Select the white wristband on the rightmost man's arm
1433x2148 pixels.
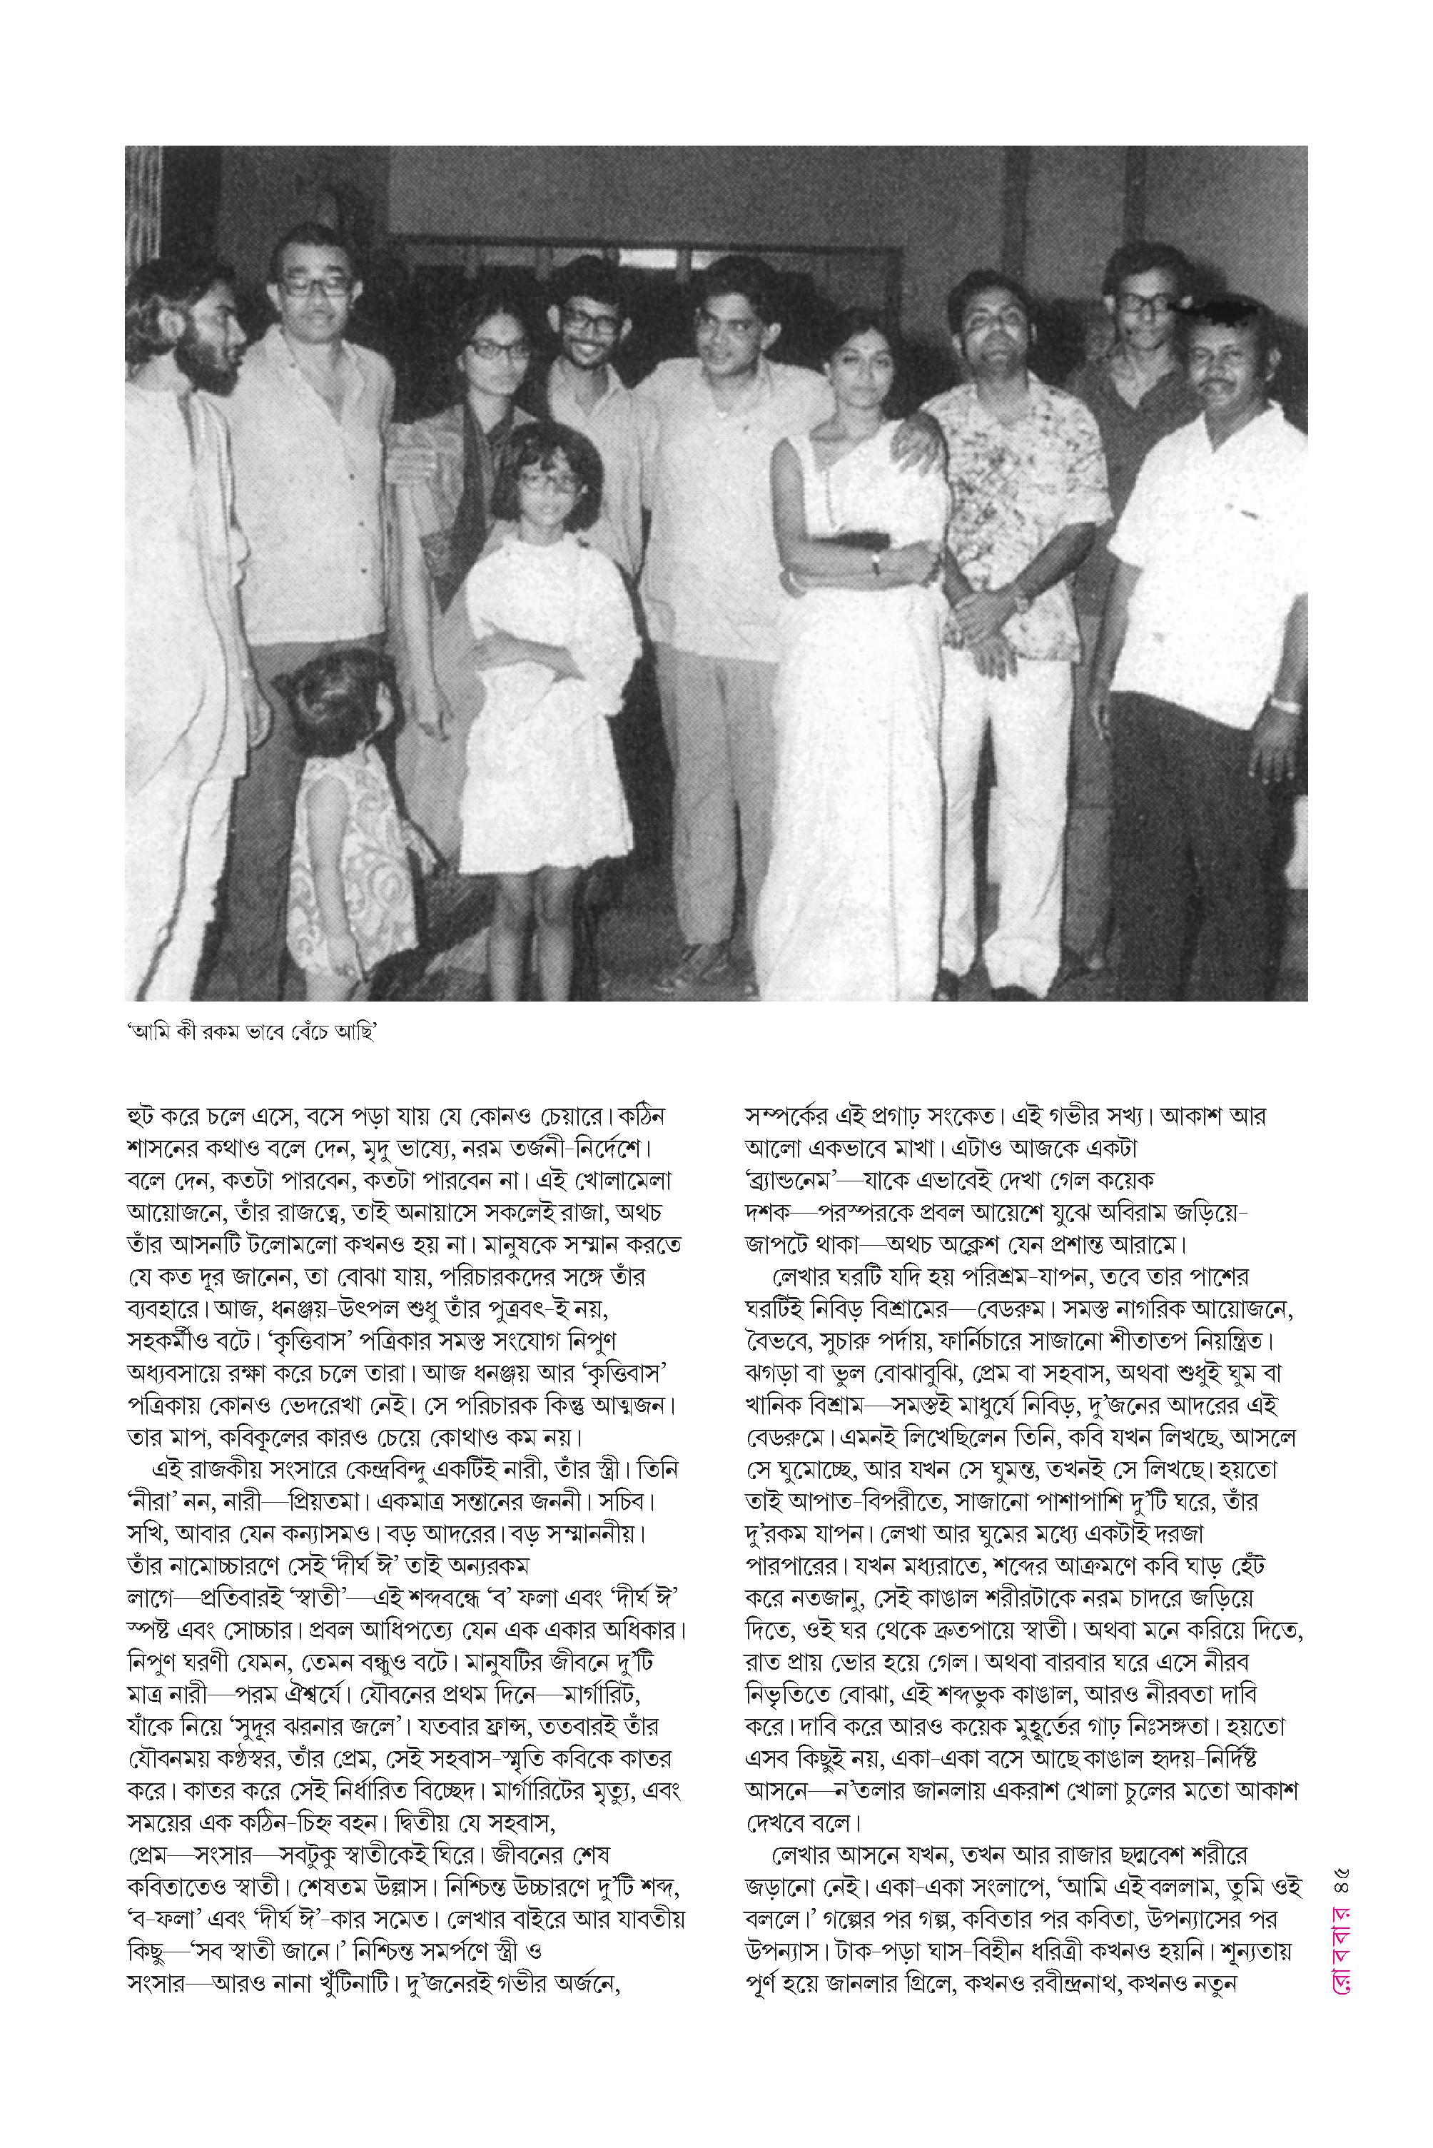click(1286, 705)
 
